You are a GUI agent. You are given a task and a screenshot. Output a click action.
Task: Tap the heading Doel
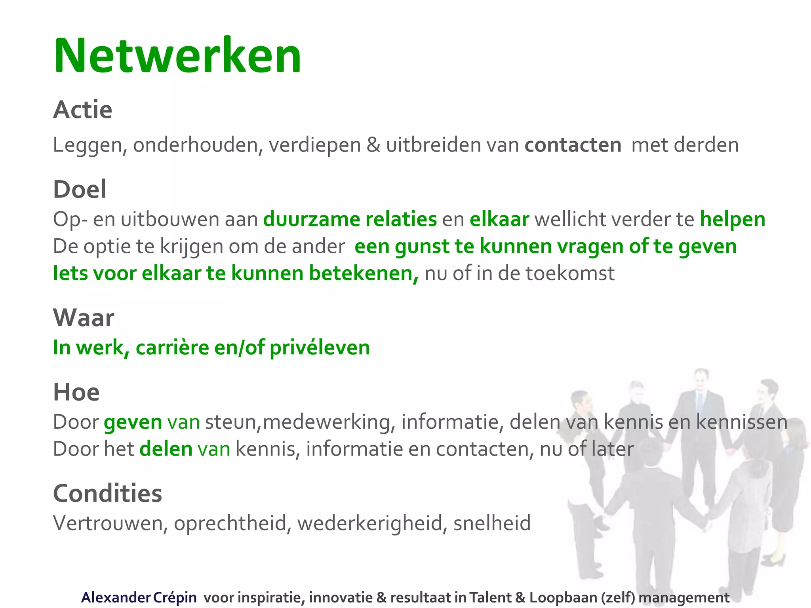pos(80,189)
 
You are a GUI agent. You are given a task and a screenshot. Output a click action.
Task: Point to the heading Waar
pos(84,317)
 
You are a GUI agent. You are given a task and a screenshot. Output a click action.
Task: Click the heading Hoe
pos(76,392)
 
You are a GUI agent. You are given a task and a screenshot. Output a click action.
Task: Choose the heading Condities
pos(107,493)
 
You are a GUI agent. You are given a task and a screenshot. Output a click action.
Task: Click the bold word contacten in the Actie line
pos(573,145)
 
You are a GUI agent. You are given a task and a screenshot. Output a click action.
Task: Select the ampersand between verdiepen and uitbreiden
pos(373,145)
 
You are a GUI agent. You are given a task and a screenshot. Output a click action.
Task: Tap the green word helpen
pos(732,219)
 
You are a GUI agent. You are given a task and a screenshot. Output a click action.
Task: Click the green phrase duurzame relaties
pos(350,219)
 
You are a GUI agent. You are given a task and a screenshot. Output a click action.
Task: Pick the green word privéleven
pos(320,348)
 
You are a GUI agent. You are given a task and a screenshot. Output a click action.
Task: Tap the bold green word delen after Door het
pos(166,449)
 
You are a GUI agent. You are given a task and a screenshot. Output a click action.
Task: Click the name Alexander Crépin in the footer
pos(139,597)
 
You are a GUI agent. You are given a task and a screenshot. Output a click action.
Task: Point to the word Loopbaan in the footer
pos(563,597)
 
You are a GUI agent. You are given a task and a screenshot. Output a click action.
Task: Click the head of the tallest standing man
pos(701,379)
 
